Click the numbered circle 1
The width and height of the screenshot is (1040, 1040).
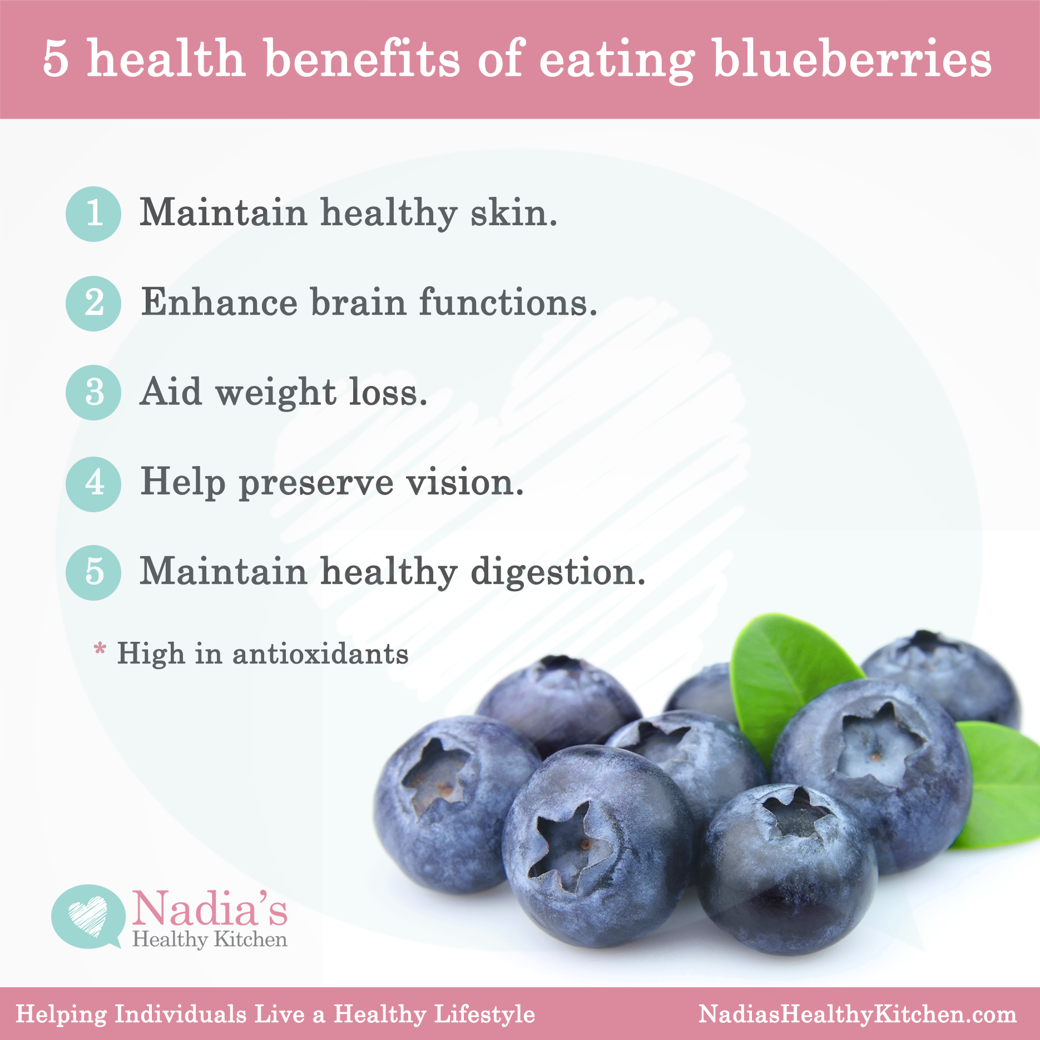[93, 214]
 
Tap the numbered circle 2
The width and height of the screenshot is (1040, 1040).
[93, 304]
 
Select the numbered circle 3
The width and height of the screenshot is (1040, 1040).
[93, 393]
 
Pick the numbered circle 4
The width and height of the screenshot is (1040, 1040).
[93, 484]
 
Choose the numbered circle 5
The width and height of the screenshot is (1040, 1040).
[93, 572]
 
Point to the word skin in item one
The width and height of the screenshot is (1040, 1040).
[513, 212]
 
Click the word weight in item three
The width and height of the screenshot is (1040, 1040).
[276, 393]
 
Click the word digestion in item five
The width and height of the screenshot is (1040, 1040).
[558, 573]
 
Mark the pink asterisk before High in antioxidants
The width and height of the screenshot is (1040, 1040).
[100, 648]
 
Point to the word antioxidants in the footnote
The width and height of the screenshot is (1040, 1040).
[320, 653]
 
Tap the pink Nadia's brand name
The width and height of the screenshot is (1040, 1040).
[210, 908]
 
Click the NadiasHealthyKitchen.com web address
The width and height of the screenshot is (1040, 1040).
[858, 1014]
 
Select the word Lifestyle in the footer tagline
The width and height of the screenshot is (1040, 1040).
[484, 1014]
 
